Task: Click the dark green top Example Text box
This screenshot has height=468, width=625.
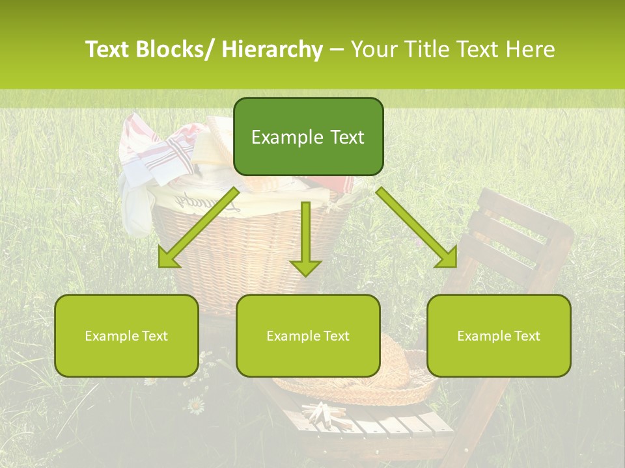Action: pyautogui.click(x=308, y=136)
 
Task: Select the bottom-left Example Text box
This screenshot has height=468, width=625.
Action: pyautogui.click(x=126, y=335)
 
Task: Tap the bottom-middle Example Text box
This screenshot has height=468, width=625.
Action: pyautogui.click(x=308, y=335)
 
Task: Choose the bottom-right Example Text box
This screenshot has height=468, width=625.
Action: pyautogui.click(x=499, y=335)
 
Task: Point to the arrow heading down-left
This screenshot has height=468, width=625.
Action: pyautogui.click(x=199, y=227)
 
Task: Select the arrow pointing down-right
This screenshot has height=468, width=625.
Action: pyautogui.click(x=417, y=227)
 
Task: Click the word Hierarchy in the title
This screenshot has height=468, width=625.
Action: pyautogui.click(x=272, y=49)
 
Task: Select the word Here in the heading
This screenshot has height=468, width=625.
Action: pyautogui.click(x=531, y=49)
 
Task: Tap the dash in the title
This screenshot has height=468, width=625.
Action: pyautogui.click(x=337, y=49)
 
